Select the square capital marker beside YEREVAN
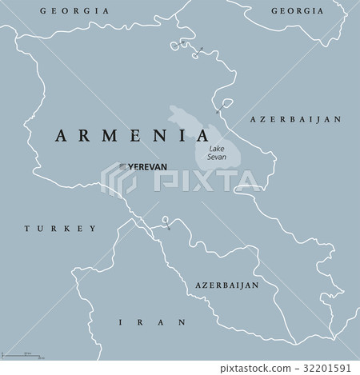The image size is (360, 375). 122,166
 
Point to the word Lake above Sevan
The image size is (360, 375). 216,150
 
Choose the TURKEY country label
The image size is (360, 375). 60,228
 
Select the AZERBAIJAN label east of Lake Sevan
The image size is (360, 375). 296,118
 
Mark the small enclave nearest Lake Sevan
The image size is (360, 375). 226,103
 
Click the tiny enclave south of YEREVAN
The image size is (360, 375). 166,221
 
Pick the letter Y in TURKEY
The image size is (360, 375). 92,228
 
